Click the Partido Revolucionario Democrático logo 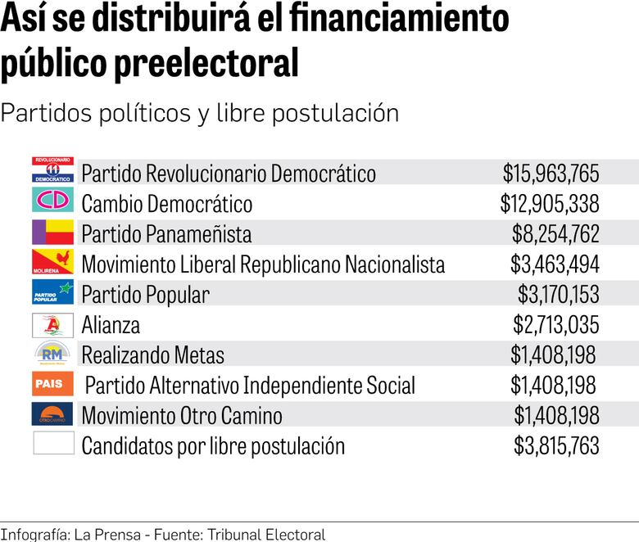coord(53,169)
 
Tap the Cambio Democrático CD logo coord(53,200)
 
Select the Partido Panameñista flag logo coord(53,231)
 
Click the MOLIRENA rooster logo coord(53,262)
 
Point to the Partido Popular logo coord(53,292)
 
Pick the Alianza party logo coord(53,323)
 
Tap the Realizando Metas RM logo coord(53,354)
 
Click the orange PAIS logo coord(53,384)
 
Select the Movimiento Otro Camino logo coord(53,414)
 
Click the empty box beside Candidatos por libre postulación coord(53,444)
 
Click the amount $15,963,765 coord(551,174)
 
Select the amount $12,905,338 coord(550,204)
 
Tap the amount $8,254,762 coord(555,234)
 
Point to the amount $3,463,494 coord(555,264)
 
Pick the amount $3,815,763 coord(556,446)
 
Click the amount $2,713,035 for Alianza coord(556,325)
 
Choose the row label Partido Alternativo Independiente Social coord(250,386)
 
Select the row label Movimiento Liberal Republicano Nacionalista coord(263,264)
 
